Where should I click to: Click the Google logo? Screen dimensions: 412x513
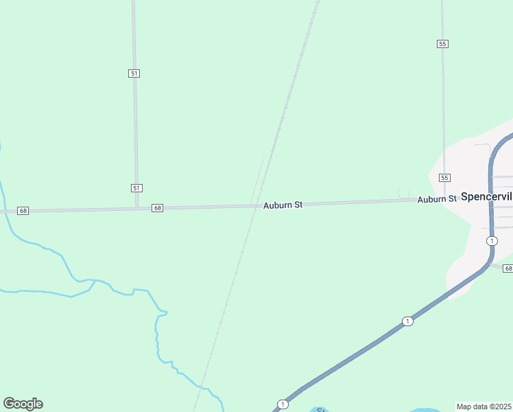tap(23, 404)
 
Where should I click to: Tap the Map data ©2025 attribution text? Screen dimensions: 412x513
tap(484, 407)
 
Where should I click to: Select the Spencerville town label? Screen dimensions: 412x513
tap(486, 197)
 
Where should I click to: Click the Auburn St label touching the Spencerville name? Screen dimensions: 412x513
tap(437, 199)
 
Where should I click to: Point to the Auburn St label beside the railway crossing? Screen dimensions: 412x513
tap(283, 205)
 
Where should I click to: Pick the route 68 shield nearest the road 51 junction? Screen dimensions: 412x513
tap(158, 207)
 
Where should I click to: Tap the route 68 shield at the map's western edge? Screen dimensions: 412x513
tap(23, 210)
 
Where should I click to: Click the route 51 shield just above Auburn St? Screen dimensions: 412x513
tap(136, 187)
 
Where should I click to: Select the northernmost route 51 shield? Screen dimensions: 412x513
tap(134, 73)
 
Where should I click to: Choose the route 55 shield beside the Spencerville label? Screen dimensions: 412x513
tap(444, 178)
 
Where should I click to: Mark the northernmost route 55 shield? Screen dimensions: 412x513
tap(442, 43)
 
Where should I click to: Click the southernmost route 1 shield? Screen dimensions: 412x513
tap(283, 404)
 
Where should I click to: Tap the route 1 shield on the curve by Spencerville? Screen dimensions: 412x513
tap(492, 240)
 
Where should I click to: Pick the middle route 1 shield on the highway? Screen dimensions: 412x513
tap(407, 321)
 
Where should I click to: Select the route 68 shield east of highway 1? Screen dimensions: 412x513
tap(508, 268)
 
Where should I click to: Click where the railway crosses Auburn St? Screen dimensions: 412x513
tap(254, 205)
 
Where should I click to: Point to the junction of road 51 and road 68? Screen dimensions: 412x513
tap(137, 207)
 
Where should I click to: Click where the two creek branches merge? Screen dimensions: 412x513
tap(94, 282)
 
